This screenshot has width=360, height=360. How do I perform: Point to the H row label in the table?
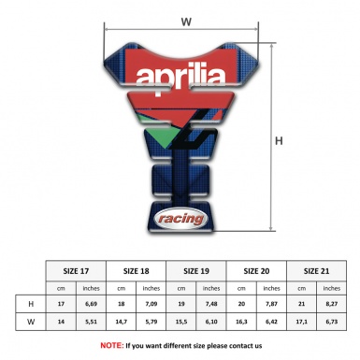(x=31, y=305)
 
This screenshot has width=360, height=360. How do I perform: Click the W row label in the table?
(x=31, y=324)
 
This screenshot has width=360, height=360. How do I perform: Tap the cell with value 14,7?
(x=122, y=324)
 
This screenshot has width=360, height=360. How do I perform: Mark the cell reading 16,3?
(x=242, y=324)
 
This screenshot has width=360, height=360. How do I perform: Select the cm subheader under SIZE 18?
(x=122, y=287)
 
